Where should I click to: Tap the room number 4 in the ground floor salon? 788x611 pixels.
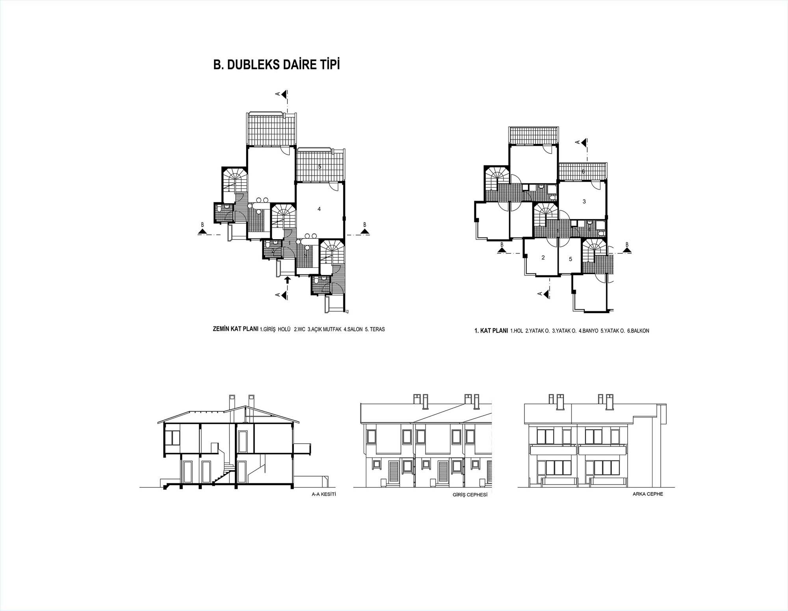click(319, 209)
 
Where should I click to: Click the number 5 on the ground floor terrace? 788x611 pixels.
click(320, 167)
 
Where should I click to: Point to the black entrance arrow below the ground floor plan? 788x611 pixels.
click(288, 280)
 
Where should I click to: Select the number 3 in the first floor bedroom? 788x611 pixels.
click(584, 201)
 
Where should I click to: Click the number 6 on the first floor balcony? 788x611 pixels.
click(583, 171)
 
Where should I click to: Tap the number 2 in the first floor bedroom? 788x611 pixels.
click(543, 258)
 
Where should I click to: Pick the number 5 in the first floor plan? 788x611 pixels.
click(570, 259)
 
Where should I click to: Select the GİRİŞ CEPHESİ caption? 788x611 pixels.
click(470, 495)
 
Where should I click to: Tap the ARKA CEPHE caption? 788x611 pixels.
click(648, 494)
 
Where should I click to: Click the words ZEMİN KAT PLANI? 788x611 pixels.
click(236, 329)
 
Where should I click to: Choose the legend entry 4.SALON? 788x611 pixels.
click(353, 329)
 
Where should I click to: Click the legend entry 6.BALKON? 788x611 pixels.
click(638, 331)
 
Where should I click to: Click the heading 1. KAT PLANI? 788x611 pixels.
click(491, 331)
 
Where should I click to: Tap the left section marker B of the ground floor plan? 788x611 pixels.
click(203, 228)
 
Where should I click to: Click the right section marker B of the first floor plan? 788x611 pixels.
click(626, 248)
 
